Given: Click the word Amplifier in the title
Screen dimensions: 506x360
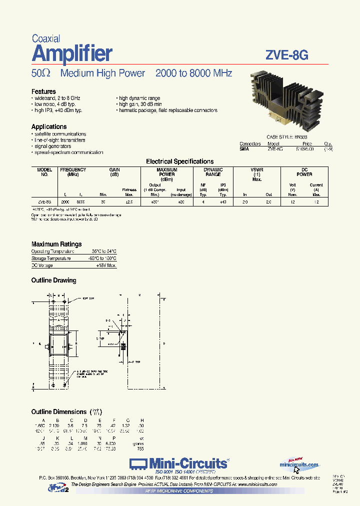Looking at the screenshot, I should [72, 53].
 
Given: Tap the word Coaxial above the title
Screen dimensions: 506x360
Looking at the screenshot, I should [46, 38].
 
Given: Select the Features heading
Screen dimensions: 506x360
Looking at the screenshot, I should [43, 91].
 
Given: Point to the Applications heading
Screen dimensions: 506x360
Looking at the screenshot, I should [49, 127].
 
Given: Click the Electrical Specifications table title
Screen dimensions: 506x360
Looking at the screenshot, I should [179, 161].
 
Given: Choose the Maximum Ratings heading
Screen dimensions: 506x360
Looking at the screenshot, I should [56, 244].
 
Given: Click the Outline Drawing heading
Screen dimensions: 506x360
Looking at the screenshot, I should [53, 280].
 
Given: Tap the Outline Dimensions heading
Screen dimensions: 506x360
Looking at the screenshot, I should [59, 411].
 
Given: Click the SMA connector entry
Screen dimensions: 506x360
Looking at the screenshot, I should [244, 149].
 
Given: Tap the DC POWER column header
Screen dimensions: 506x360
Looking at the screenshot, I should [304, 172].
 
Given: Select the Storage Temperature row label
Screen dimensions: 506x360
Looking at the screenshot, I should [51, 258].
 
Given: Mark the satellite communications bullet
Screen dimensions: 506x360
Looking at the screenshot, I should [60, 134].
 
